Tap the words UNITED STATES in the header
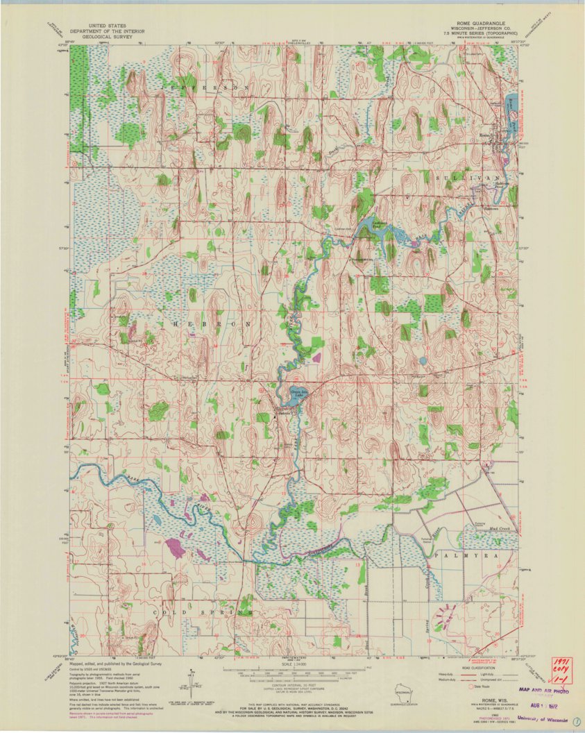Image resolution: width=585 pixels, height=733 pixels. click(x=102, y=23)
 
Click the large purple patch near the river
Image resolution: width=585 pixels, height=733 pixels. click(x=174, y=548)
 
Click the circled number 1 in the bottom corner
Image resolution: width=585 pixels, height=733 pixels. click(x=577, y=721)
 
